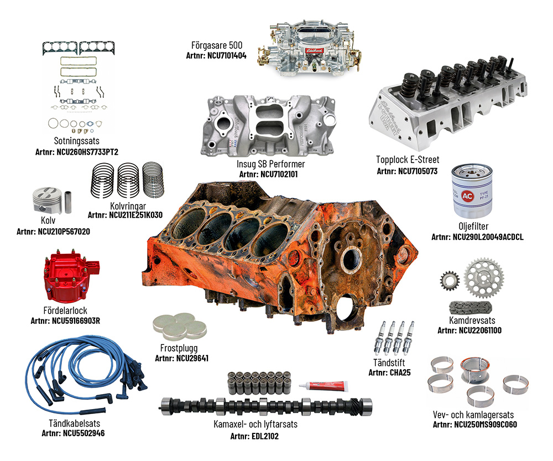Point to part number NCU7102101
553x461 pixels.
[x=270, y=174]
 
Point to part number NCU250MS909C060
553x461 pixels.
[x=473, y=425]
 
